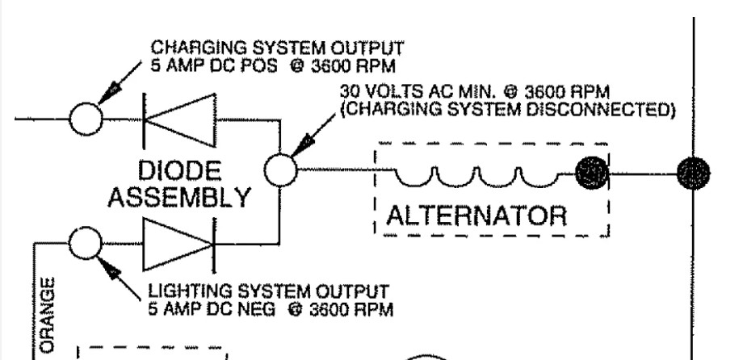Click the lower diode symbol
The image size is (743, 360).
click(178, 241)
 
